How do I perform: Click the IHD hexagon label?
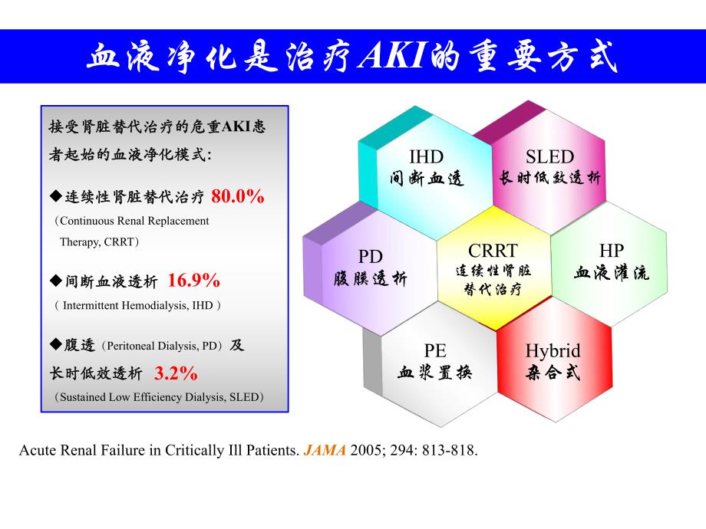tap(426, 158)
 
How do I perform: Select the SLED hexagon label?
tap(549, 158)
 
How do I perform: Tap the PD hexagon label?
tap(370, 257)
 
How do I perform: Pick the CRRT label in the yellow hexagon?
tap(493, 251)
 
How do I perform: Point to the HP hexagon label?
tap(611, 251)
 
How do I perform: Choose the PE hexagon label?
tap(435, 351)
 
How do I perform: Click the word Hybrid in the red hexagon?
tap(553, 351)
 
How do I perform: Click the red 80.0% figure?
tap(238, 196)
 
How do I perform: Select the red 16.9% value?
tap(194, 281)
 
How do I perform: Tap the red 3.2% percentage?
tap(176, 374)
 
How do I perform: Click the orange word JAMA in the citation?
tap(325, 451)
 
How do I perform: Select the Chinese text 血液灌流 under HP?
tap(612, 273)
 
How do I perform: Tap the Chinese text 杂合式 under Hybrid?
tap(553, 373)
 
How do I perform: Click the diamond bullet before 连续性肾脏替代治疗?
tap(54, 196)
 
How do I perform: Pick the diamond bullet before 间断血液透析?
tap(54, 281)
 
